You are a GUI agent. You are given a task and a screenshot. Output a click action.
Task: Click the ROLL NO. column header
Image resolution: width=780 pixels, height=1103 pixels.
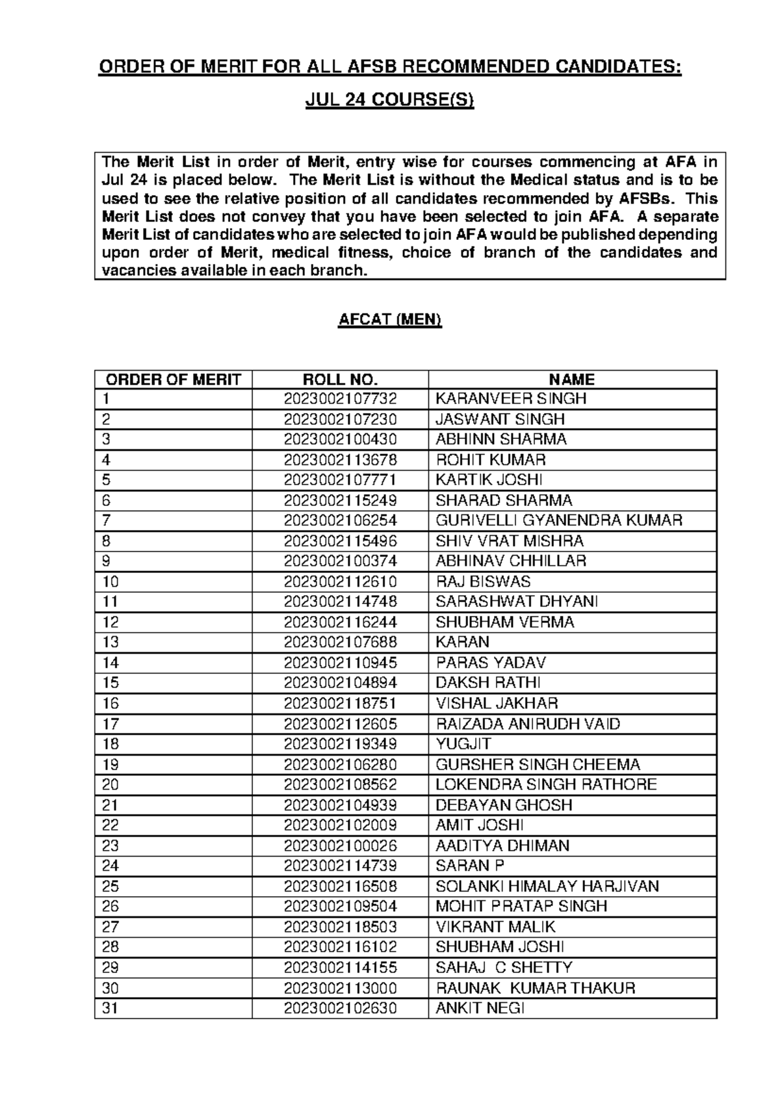340,380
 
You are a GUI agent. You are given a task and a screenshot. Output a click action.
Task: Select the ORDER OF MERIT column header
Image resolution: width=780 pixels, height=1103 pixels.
174,380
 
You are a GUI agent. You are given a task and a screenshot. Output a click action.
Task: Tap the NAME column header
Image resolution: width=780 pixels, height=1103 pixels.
571,380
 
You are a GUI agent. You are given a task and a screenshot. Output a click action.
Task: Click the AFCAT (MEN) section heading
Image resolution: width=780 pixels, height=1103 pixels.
390,320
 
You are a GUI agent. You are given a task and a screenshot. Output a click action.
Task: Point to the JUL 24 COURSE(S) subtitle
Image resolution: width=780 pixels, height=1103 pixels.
390,101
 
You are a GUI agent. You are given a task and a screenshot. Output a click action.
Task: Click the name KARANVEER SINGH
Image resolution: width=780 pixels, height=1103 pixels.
511,399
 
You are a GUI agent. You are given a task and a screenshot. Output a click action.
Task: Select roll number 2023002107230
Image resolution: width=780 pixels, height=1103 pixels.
340,419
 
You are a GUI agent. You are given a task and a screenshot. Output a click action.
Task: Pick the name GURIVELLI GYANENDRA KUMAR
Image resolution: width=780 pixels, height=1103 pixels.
559,520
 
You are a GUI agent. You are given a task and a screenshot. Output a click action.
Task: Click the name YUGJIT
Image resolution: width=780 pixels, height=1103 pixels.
463,744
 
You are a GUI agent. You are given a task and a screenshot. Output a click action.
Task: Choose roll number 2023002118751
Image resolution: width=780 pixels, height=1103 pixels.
340,703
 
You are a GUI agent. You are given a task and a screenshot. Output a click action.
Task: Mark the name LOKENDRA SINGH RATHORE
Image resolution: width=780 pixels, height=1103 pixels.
546,784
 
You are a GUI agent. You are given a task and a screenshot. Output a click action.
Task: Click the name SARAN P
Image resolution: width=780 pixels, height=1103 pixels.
469,866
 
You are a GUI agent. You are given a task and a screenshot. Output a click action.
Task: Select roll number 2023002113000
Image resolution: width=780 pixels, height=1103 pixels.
340,988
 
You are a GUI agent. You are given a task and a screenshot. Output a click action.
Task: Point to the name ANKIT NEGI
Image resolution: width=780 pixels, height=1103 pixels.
480,1008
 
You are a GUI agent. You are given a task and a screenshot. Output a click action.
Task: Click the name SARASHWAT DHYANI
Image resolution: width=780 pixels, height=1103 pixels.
517,602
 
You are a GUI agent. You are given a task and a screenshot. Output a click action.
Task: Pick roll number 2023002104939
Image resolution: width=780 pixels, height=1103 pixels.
340,805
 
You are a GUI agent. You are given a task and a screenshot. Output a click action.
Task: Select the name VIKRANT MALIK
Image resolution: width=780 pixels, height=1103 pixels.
495,927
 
